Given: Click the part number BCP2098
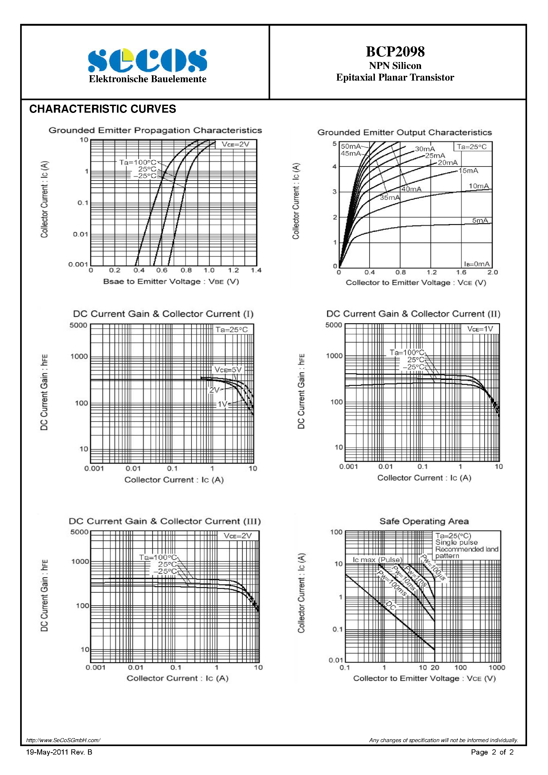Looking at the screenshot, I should (395, 52).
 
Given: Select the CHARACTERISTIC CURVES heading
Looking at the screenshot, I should (103, 109).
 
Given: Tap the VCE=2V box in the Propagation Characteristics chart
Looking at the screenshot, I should (235, 144).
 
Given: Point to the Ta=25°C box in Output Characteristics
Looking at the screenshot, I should (472, 147).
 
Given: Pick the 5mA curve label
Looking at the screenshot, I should (480, 221).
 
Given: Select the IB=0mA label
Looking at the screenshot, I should (477, 264).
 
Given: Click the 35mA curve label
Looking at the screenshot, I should (390, 197).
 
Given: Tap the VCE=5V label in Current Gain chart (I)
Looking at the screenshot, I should (228, 370).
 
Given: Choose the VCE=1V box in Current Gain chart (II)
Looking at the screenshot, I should (480, 329).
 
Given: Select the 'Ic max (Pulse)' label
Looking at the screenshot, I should (378, 560).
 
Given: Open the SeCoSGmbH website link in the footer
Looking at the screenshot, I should (63, 740).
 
